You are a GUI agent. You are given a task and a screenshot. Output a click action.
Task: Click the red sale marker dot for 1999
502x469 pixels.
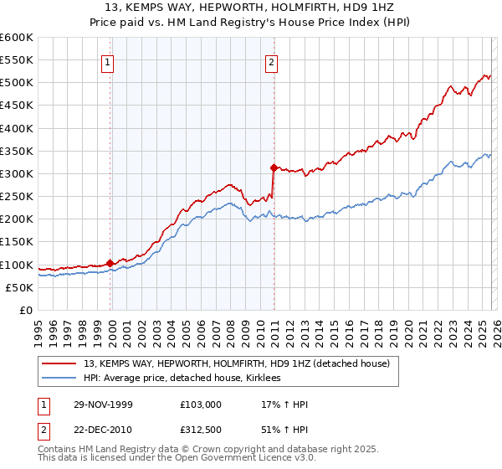pyautogui.click(x=110, y=263)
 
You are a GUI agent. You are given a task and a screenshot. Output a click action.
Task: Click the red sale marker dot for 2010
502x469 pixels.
pyautogui.click(x=274, y=167)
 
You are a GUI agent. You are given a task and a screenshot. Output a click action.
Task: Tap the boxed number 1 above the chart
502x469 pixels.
pyautogui.click(x=110, y=60)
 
